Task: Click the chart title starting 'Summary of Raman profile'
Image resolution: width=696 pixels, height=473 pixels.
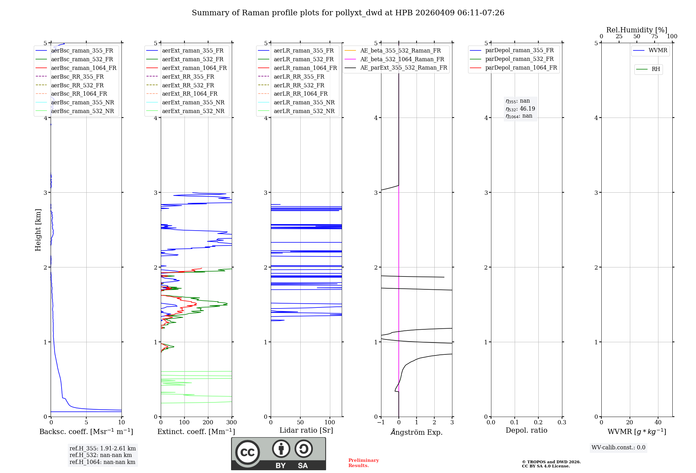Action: [x=348, y=13]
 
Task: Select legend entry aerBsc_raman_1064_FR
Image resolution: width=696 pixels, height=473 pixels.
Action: [x=84, y=68]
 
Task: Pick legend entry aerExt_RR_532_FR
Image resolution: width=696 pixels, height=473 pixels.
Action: [x=188, y=85]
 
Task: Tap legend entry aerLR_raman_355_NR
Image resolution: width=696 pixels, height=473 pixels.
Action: [x=304, y=103]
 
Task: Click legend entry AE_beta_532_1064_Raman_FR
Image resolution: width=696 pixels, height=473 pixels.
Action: [x=402, y=59]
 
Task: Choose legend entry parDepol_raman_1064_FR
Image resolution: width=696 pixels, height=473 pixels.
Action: [x=521, y=68]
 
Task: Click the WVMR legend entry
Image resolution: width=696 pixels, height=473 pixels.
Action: [x=658, y=51]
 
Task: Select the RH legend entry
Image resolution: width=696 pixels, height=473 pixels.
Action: [x=656, y=69]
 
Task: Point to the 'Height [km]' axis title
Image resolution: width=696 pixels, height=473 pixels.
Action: [x=38, y=230]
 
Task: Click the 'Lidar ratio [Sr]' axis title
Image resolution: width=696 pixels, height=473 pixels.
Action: [x=306, y=431]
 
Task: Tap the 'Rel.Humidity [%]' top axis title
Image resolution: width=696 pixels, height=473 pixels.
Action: [x=636, y=30]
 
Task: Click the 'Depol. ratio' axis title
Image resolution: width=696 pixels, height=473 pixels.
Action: [x=526, y=431]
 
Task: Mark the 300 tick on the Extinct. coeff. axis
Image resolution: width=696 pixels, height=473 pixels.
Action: [x=231, y=423]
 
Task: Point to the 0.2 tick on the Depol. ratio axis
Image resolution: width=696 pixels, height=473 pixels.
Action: [x=538, y=423]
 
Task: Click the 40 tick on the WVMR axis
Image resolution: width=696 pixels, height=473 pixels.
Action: [x=658, y=423]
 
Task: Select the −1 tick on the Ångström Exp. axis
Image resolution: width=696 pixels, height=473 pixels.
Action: [x=381, y=423]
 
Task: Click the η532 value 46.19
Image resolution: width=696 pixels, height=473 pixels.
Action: [x=527, y=109]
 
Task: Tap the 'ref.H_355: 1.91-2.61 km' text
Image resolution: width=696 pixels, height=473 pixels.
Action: [x=102, y=449]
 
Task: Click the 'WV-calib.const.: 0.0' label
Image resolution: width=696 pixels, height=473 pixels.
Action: [x=618, y=448]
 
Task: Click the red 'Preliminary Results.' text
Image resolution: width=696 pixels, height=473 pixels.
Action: [x=363, y=463]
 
